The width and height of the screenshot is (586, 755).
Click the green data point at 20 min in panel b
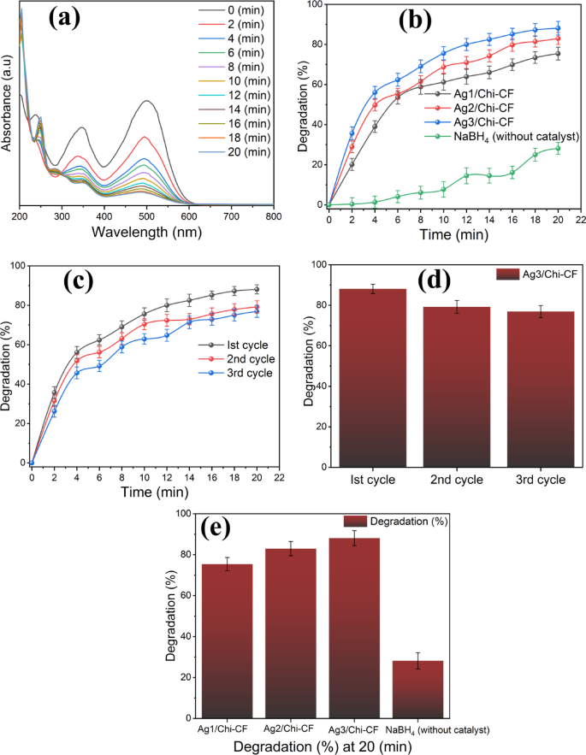click(558, 148)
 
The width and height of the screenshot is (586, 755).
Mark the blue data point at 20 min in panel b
click(558, 28)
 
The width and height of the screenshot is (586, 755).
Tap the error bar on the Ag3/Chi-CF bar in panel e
click(355, 538)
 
